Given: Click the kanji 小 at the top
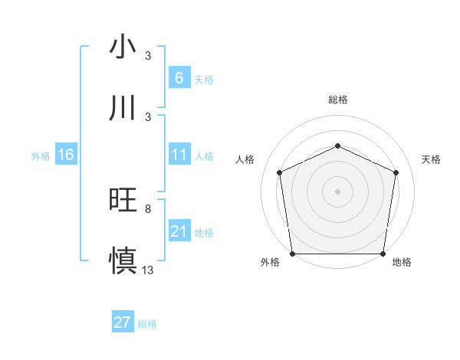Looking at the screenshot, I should click(123, 47).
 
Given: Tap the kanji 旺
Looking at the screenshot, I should click(123, 200).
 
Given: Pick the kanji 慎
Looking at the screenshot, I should click(123, 260).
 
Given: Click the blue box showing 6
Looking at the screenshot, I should click(179, 77).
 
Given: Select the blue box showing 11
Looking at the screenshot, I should click(179, 155).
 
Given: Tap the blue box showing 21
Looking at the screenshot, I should click(179, 231).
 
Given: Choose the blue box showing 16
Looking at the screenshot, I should click(66, 155).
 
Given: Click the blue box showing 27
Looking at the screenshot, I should click(123, 322).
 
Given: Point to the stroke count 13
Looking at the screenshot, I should click(148, 270).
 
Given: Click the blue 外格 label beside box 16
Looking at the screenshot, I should click(41, 156).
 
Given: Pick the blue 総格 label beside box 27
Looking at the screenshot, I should click(147, 324).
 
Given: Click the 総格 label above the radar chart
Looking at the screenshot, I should click(338, 100).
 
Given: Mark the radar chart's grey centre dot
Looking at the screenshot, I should click(338, 191).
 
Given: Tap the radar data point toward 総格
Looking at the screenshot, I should click(338, 146).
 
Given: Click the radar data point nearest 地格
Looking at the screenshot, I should click(383, 254).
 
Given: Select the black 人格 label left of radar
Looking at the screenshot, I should click(245, 159).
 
